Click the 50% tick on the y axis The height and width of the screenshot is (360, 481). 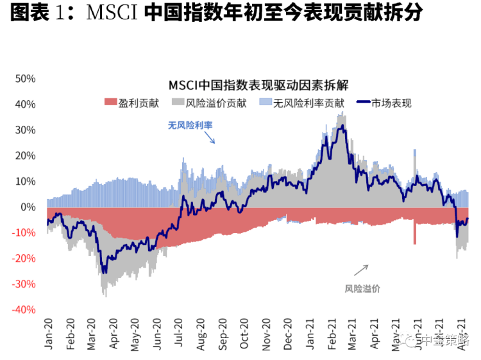click(x=25, y=78)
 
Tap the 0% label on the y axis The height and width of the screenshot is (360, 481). click(x=28, y=207)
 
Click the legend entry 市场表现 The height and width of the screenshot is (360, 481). click(x=392, y=102)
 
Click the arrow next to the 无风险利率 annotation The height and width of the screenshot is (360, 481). click(x=210, y=138)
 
